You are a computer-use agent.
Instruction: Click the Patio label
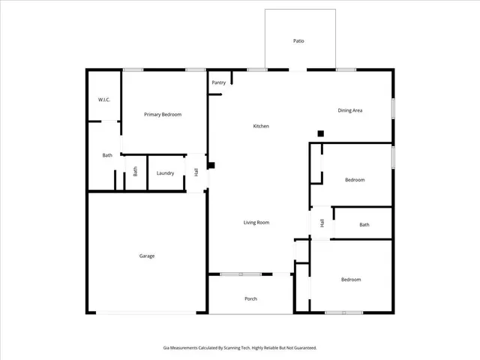[298, 41]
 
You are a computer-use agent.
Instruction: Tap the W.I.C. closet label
[104, 100]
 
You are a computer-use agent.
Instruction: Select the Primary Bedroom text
[163, 115]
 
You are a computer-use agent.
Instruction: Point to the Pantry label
[219, 82]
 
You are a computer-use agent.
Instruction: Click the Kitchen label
[261, 126]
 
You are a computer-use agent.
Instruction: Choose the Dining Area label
[350, 111]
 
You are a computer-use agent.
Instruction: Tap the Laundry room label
[166, 173]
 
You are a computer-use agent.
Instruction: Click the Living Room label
[256, 223]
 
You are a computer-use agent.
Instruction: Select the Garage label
[147, 256]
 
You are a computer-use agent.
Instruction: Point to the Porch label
[251, 298]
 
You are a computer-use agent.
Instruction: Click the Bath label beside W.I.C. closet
[107, 155]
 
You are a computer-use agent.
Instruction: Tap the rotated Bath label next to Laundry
[136, 171]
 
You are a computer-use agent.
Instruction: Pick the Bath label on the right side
[364, 225]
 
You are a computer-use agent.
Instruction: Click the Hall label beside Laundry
[196, 172]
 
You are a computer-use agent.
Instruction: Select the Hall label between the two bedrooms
[322, 223]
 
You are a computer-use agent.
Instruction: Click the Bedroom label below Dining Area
[355, 180]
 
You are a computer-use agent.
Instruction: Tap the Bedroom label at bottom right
[351, 280]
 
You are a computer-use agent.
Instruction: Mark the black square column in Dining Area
[320, 133]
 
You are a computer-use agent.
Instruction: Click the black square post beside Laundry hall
[211, 165]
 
